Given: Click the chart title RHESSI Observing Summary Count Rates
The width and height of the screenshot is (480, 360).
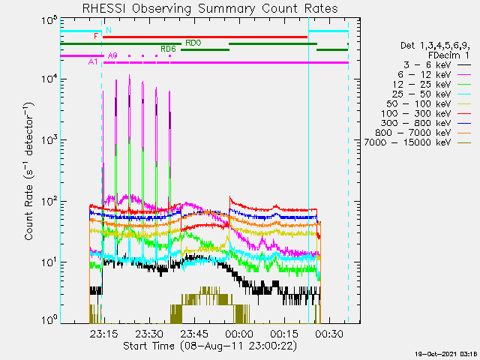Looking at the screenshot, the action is pyautogui.click(x=210, y=8).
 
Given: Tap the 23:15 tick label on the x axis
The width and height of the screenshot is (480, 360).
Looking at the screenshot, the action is pyautogui.click(x=103, y=334).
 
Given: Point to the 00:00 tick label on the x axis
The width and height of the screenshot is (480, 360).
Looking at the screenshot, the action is pyautogui.click(x=239, y=334).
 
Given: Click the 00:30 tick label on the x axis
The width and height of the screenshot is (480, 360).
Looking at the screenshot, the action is pyautogui.click(x=329, y=334).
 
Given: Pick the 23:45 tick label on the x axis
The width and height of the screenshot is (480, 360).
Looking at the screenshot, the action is pyautogui.click(x=194, y=334).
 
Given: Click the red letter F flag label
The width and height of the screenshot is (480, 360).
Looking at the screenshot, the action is pyautogui.click(x=96, y=37).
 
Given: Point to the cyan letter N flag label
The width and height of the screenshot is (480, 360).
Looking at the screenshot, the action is pyautogui.click(x=108, y=30).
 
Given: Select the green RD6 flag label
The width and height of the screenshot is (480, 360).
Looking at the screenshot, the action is pyautogui.click(x=168, y=49).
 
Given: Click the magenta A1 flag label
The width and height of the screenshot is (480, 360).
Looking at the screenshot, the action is pyautogui.click(x=93, y=61).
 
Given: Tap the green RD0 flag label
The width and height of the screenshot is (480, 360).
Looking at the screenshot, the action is pyautogui.click(x=193, y=43).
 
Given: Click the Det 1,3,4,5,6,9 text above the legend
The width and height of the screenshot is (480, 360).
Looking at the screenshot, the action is pyautogui.click(x=435, y=46).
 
